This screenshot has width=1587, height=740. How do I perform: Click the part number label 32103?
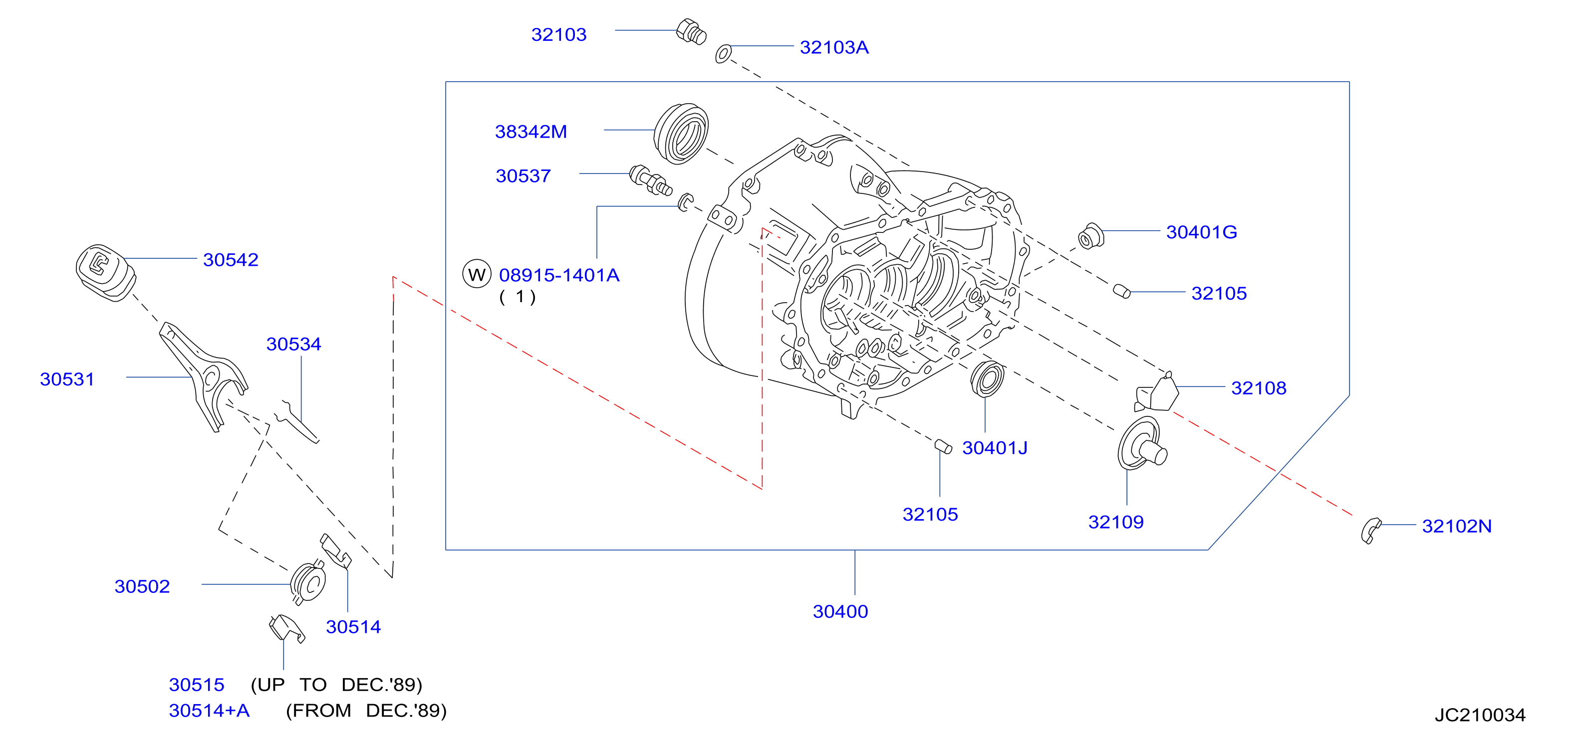(x=559, y=34)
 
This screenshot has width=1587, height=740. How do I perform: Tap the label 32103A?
(x=834, y=47)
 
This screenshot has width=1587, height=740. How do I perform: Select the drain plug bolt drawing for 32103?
(x=691, y=31)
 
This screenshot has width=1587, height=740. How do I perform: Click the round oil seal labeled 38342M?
(x=681, y=134)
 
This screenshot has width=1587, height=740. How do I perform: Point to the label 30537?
(x=523, y=176)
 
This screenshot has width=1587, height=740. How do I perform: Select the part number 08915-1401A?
(x=559, y=275)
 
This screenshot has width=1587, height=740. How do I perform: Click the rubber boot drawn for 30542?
(x=105, y=273)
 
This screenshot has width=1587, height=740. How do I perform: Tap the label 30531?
(x=67, y=379)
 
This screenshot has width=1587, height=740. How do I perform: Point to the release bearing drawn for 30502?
(x=308, y=582)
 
